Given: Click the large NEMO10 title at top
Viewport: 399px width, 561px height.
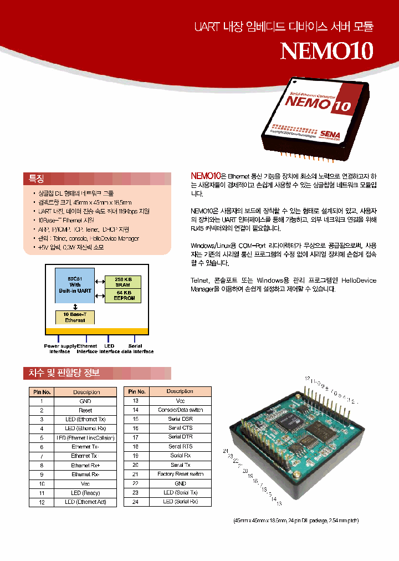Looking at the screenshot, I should [327, 50].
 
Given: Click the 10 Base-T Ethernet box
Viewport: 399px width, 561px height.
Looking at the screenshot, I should [75, 318].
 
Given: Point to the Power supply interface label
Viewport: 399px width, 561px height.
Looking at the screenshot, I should [60, 349].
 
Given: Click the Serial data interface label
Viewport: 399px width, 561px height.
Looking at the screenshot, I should [135, 349].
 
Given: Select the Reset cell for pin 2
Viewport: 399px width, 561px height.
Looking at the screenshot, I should [85, 410].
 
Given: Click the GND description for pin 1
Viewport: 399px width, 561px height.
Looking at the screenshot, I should [85, 401].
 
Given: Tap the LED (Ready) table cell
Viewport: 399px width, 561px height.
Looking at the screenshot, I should [85, 493].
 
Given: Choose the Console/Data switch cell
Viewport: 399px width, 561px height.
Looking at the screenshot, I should [180, 410].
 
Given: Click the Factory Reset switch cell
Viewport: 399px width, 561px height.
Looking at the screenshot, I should [180, 474].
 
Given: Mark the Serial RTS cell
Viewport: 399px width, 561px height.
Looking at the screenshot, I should [180, 446].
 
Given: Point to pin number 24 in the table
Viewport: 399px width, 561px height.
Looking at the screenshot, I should [135, 502].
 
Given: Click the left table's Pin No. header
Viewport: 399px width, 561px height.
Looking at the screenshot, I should [41, 392].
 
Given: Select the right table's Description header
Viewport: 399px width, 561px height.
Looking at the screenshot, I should [180, 391].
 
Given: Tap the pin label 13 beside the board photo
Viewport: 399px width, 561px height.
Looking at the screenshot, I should [279, 503].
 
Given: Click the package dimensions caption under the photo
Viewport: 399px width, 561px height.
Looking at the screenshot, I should [296, 521].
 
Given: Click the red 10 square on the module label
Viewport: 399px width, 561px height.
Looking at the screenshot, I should [341, 105].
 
